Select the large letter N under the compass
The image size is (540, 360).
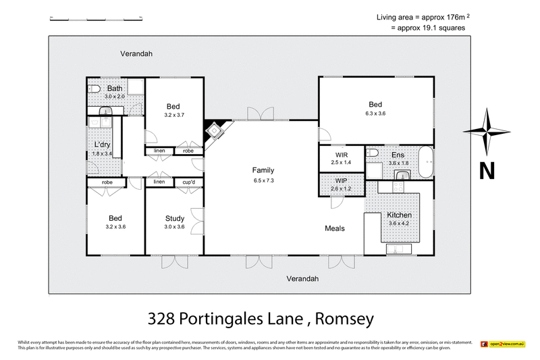pos(486,171)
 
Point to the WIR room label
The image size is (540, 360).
pos(341,155)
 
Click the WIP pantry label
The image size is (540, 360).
pos(341,180)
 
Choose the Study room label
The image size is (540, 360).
pos(175,218)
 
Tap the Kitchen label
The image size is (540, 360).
pos(400,215)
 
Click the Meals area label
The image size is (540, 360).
pos(334,228)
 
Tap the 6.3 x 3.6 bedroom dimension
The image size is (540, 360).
pos(375,113)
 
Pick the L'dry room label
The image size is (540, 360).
pos(102,145)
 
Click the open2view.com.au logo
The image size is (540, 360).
pos(503,344)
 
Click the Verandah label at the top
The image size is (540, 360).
pos(137,53)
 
